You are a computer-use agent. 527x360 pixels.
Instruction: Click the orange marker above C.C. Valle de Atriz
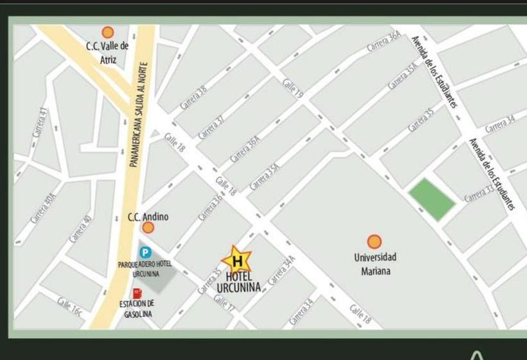[108, 32]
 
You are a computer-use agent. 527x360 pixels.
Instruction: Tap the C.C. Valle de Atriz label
[107, 53]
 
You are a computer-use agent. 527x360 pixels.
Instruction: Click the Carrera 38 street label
[193, 96]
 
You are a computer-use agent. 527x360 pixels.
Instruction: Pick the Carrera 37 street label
[211, 127]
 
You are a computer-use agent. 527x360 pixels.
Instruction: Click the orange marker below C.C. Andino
[148, 228]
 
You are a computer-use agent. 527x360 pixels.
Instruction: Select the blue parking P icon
[146, 253]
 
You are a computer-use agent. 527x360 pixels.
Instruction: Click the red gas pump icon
[137, 293]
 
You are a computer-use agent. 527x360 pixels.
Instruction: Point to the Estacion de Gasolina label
[137, 309]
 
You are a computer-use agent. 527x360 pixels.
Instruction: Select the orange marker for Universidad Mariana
[374, 242]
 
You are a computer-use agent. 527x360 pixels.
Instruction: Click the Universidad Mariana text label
[375, 264]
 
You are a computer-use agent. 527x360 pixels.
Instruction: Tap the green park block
[432, 199]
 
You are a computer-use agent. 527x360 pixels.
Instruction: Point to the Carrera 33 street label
[479, 194]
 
